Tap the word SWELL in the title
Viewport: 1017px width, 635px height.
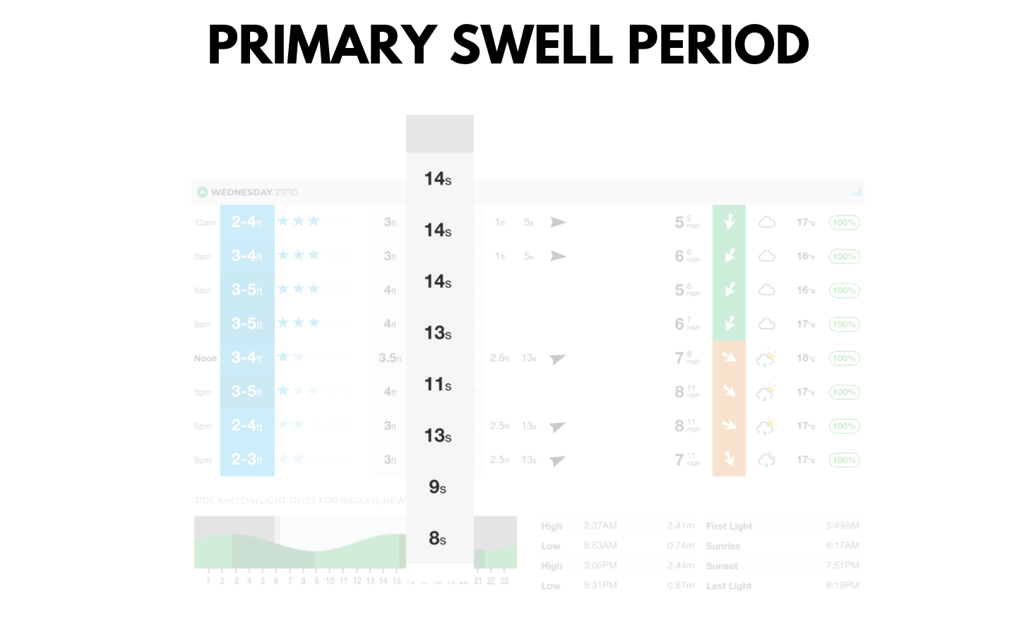[x=532, y=44]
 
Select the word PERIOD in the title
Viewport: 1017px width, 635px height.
[x=718, y=44]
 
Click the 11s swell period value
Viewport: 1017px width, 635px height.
[x=438, y=385]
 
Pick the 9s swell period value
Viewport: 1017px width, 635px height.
[x=438, y=487]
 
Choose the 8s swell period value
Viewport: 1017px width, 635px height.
[x=438, y=538]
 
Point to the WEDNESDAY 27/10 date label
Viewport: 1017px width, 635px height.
[x=254, y=192]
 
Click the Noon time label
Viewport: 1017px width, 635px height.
[x=206, y=358]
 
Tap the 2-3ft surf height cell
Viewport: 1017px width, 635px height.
[x=247, y=459]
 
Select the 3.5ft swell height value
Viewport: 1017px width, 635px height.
[x=390, y=358]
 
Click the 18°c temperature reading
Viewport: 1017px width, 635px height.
[x=806, y=358]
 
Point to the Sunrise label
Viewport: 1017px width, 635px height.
[x=723, y=546]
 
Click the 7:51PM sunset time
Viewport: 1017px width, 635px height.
[x=843, y=565]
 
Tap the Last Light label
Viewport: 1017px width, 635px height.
[x=729, y=586]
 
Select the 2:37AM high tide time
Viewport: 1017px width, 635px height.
[x=600, y=526]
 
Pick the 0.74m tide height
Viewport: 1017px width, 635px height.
[x=681, y=545]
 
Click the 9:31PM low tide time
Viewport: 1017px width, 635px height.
[x=600, y=586]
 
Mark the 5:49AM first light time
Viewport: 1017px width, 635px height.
[x=843, y=526]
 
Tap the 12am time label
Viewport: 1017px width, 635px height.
[x=205, y=223]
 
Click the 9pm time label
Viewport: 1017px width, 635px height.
[x=203, y=460]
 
